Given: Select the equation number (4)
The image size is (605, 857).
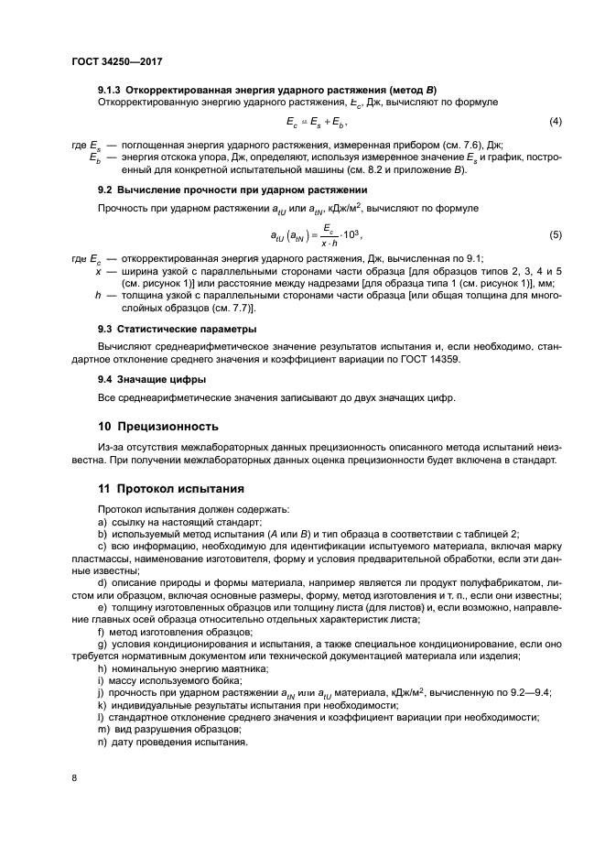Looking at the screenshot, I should (555, 122).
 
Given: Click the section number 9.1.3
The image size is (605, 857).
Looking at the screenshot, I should (110, 89).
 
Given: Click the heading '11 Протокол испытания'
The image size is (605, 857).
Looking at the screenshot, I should (170, 488).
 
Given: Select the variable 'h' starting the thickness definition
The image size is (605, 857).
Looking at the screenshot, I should (98, 296).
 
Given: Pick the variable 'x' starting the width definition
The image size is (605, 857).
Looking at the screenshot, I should (98, 272).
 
